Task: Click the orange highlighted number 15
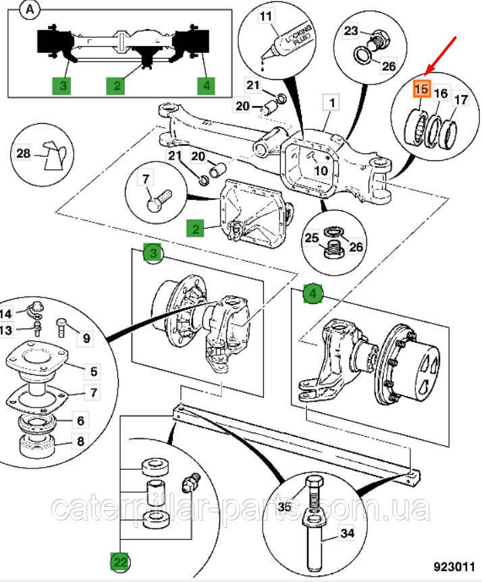(x=421, y=89)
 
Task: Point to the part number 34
(x=346, y=534)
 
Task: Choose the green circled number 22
(x=120, y=560)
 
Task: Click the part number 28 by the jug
(x=24, y=154)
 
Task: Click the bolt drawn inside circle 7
(x=160, y=200)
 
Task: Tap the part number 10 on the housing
(x=321, y=171)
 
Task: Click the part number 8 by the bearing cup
(x=80, y=443)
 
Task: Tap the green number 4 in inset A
(x=205, y=86)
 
